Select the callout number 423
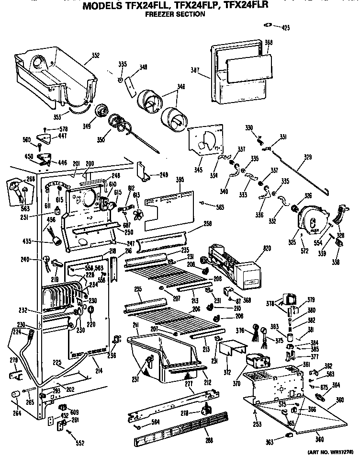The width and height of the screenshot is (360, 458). pos(286,28)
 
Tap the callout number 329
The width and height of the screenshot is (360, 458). pos(307,156)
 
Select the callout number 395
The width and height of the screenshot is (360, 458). pos(180,180)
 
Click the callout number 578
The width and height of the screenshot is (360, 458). pos(64,129)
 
